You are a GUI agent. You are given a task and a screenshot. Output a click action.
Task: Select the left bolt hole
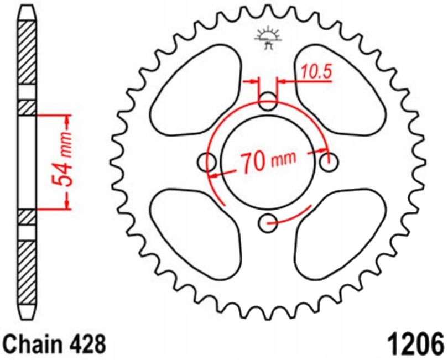tap(207, 163)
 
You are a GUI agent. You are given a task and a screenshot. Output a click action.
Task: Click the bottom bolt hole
tap(268, 224)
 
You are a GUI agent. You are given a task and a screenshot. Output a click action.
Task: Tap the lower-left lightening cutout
tap(196, 232)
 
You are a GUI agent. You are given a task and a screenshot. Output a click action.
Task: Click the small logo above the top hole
tap(268, 38)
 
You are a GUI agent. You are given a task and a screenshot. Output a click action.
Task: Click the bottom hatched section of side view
tap(28, 271)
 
